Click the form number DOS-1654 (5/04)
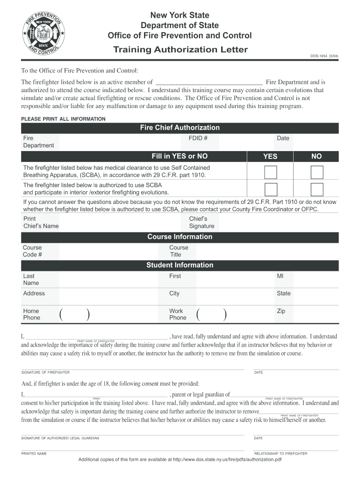pos(324,57)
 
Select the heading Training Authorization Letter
pos(180,50)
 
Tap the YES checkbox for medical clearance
pos(270,172)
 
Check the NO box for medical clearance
pos(317,172)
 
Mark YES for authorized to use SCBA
pos(270,189)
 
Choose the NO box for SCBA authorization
pos(317,189)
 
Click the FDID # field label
pos(198,138)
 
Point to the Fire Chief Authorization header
pos(180,128)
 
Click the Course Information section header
pos(180,237)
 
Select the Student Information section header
pos(180,265)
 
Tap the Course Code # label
pos(32,251)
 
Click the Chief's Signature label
pos(202,222)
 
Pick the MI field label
pos(280,276)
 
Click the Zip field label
pos(281,311)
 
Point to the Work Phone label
pos(178,314)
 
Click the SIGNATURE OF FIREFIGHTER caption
pos(45,372)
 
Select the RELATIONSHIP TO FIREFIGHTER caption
pos(281,454)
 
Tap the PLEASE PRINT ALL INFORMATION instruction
pos(63,119)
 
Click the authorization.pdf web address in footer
pos(227,459)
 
